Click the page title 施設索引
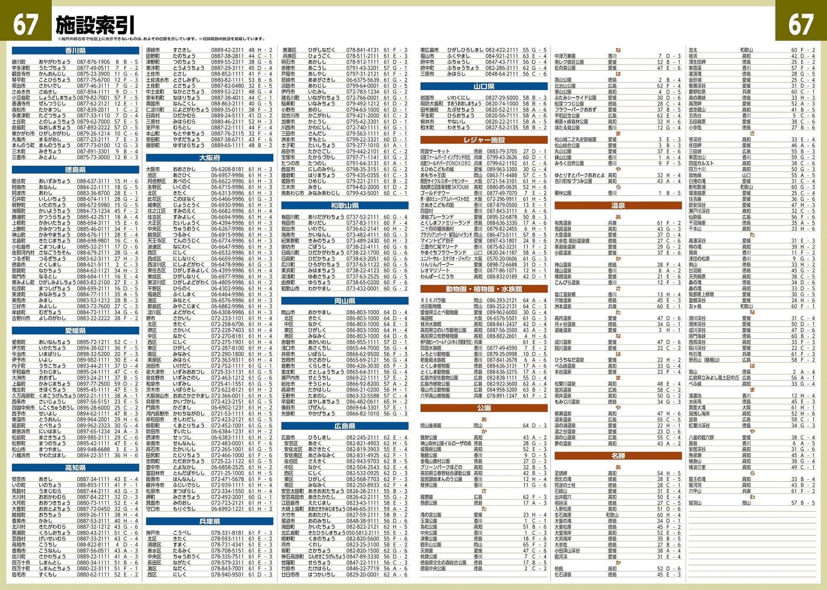[x=95, y=25]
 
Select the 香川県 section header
[x=75, y=51]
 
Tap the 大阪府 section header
[x=209, y=158]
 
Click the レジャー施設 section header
[x=484, y=140]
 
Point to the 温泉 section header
[x=618, y=206]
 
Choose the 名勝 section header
[x=618, y=456]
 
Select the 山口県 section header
[x=484, y=86]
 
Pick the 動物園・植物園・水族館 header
[x=484, y=289]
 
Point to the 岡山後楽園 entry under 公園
[x=431, y=425]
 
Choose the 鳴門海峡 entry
[x=697, y=336]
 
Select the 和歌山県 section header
[x=345, y=206]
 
